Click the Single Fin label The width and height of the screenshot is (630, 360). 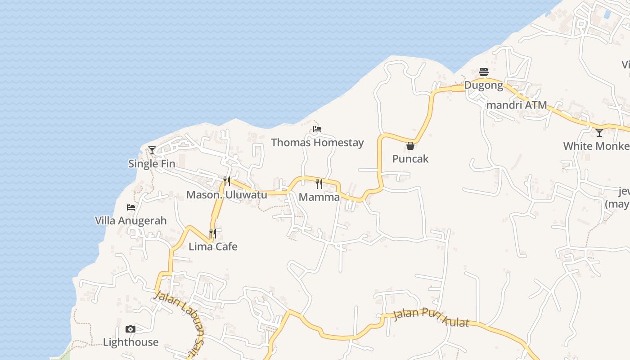(x=152, y=164)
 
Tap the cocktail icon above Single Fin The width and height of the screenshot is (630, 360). (x=152, y=150)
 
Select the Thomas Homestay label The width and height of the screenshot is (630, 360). (x=317, y=143)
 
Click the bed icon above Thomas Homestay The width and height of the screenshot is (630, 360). (x=317, y=129)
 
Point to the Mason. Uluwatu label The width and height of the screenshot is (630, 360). (x=227, y=195)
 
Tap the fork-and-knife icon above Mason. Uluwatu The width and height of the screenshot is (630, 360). (x=227, y=181)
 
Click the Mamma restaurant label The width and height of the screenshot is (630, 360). (x=319, y=197)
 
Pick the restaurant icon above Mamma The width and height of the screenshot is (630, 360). (x=319, y=184)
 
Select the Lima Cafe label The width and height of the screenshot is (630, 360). (x=213, y=247)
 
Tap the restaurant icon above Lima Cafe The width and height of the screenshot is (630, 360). (x=213, y=233)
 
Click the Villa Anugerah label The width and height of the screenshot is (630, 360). (x=131, y=220)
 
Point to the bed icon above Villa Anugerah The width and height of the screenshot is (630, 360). (x=131, y=207)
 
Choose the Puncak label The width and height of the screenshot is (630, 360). (x=410, y=159)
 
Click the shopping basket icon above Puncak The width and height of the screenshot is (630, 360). (x=410, y=146)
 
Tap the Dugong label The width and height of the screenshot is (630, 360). (x=484, y=85)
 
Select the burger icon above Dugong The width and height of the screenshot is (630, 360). (x=484, y=72)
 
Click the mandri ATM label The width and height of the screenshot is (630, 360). (x=517, y=105)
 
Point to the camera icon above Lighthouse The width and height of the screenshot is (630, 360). (x=130, y=329)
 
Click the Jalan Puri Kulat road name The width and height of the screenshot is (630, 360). (x=431, y=318)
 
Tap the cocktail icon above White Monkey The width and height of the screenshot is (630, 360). (x=599, y=133)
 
